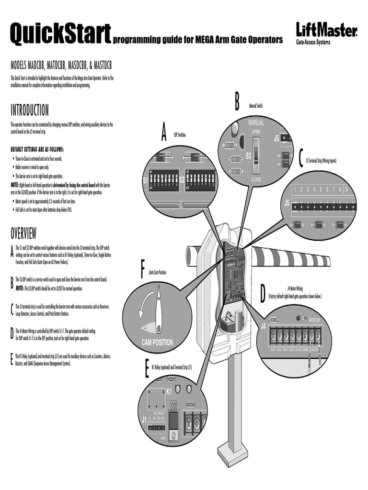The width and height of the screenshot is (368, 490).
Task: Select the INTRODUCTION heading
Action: pos(30,111)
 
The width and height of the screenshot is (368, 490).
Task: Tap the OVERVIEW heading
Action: pos(23,234)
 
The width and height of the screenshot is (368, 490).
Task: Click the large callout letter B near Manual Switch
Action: pos(237,102)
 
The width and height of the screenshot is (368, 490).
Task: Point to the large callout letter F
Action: pos(142,269)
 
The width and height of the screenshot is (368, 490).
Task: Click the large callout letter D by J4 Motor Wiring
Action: pos(262,294)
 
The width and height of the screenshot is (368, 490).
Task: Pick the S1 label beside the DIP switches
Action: pos(146,180)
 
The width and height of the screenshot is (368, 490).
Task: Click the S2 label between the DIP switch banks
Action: pos(182,180)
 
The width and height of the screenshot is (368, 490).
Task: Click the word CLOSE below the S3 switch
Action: pos(256,179)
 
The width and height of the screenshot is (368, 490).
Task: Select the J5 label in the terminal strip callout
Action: pos(287,203)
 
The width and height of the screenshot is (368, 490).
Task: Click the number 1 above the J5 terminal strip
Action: pos(296,189)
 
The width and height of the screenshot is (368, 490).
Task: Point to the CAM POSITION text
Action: pos(158,343)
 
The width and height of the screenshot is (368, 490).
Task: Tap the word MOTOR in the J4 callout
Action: pos(314,320)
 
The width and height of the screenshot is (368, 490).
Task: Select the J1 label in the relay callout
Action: pos(144,420)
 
